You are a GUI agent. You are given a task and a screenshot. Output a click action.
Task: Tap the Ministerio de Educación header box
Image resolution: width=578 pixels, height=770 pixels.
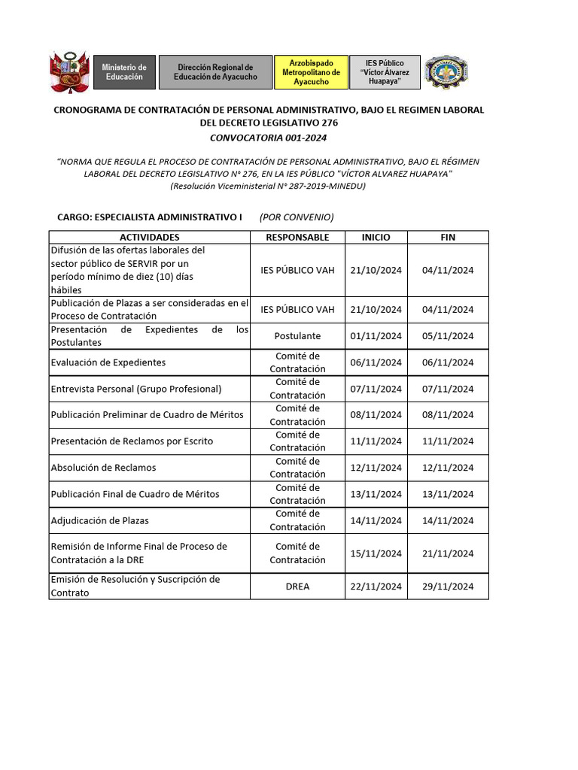124,72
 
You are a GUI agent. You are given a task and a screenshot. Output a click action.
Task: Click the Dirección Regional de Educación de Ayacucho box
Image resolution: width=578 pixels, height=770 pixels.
215,72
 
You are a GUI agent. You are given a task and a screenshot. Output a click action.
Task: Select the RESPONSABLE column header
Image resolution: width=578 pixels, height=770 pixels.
297,237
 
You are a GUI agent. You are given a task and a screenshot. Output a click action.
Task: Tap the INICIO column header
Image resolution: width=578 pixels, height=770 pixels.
376,237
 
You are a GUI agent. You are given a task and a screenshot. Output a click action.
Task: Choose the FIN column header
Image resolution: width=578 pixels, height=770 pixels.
448,237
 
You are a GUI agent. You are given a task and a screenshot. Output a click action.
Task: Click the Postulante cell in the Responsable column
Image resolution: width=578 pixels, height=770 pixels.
297,336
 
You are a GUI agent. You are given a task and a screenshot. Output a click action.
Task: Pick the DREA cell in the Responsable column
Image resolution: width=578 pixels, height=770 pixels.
297,586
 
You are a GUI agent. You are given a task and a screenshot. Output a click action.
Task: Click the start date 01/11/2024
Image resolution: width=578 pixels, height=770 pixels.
376,336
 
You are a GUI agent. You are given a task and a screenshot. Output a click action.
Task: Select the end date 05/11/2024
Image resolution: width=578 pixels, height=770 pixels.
448,336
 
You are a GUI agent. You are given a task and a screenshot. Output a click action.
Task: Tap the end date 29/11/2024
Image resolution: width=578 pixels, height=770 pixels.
448,586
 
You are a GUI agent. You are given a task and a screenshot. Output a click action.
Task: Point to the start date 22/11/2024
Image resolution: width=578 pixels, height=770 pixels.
376,586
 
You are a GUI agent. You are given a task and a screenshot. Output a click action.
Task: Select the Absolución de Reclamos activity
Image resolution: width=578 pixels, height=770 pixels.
103,468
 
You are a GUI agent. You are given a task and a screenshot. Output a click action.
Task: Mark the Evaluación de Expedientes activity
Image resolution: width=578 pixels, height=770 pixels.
108,362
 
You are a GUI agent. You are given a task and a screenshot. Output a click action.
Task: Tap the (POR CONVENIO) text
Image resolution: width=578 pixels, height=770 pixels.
297,217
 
